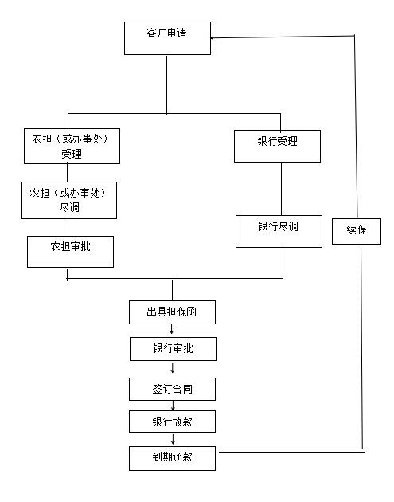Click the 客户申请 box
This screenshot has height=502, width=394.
(167, 38)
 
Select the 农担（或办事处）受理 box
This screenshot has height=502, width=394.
(72, 147)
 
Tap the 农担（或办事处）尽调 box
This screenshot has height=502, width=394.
(69, 201)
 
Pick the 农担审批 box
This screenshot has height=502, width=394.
(70, 252)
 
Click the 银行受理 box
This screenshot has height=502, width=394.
(277, 146)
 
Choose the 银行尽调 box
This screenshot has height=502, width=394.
(279, 231)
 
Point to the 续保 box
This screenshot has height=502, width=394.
(357, 231)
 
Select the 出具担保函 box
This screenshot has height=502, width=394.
(172, 312)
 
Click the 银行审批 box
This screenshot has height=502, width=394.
(173, 349)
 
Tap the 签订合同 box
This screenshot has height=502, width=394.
(172, 389)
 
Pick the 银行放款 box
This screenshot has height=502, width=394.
(172, 422)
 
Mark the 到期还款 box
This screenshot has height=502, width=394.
(172, 458)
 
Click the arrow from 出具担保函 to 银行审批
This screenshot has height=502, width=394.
(172, 329)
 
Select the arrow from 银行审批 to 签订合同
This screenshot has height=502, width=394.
(173, 368)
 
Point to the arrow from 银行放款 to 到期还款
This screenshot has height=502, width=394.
(173, 439)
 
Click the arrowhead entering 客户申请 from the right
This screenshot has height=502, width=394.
(213, 38)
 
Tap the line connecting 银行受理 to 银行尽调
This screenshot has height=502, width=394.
(282, 189)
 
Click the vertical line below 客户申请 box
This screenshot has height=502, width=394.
(166, 84)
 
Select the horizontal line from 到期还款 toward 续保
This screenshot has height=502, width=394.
(292, 452)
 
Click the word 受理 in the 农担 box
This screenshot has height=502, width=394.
(72, 155)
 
